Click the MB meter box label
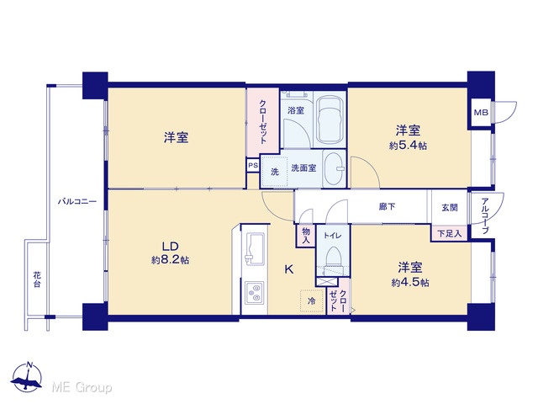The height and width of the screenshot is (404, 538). coord(481,112)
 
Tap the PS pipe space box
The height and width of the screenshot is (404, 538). coord(253,165)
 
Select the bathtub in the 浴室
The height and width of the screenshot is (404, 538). coord(330,120)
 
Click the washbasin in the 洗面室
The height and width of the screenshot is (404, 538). coord(335,168)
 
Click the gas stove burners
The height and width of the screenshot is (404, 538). coord(254,293)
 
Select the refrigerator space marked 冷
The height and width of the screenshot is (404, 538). coord(312,301)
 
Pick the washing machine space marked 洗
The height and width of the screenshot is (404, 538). coord(275,172)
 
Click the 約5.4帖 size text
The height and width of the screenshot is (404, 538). coord(408,146)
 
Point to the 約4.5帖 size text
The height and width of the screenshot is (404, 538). coord(410,283)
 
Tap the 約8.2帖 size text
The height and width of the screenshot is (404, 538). coord(170,260)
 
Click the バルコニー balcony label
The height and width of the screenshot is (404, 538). coord(76,201)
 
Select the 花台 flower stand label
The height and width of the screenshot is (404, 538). coord(37,279)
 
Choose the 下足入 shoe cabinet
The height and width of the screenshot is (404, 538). coord(449,234)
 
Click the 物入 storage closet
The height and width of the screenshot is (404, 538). coord(306,236)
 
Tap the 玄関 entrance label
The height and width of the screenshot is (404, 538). coord(449,208)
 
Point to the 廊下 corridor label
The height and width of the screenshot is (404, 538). coord(387,206)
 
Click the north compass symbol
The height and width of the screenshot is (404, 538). coord(27,376)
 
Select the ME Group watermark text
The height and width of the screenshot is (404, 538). coord(82,388)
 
